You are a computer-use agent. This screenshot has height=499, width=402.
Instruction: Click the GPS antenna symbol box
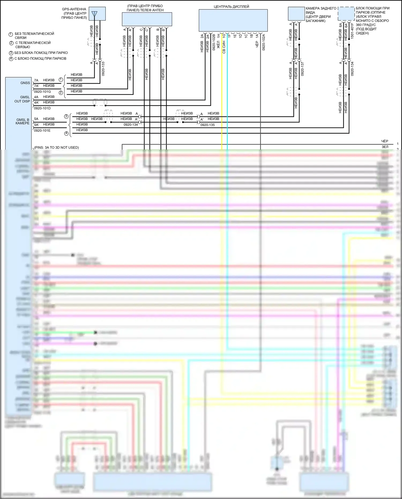pos(97,14)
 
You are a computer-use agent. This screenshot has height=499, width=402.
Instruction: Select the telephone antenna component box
pos(147,19)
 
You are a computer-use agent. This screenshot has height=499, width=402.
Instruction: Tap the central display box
pos(233,20)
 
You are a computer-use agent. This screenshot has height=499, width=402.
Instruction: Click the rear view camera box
pos(296,14)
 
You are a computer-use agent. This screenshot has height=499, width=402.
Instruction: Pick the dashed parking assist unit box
pos(346,14)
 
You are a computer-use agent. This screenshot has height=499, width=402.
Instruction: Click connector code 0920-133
pos(103,69)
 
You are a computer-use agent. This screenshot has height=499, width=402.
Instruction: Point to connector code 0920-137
pos(303,69)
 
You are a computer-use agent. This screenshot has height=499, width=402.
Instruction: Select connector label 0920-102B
pos(214,42)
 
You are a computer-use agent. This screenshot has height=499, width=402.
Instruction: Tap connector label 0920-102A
pos(264,42)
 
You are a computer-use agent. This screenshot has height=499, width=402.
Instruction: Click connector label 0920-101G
pos(42,92)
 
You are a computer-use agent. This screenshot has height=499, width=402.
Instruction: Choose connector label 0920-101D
pos(42,108)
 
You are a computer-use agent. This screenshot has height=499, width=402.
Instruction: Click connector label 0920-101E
pos(42,131)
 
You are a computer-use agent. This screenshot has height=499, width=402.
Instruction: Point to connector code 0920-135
pos(207,125)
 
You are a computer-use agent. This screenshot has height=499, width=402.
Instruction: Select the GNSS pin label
pos(25,83)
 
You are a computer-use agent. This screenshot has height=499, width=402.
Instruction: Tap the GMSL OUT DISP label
pos(22,99)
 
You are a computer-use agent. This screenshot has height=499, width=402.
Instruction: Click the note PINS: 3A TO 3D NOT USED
pos(57,147)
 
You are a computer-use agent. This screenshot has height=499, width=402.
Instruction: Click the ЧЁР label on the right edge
pos(385,141)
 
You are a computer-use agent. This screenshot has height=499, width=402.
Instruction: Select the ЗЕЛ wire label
pos(385,147)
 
